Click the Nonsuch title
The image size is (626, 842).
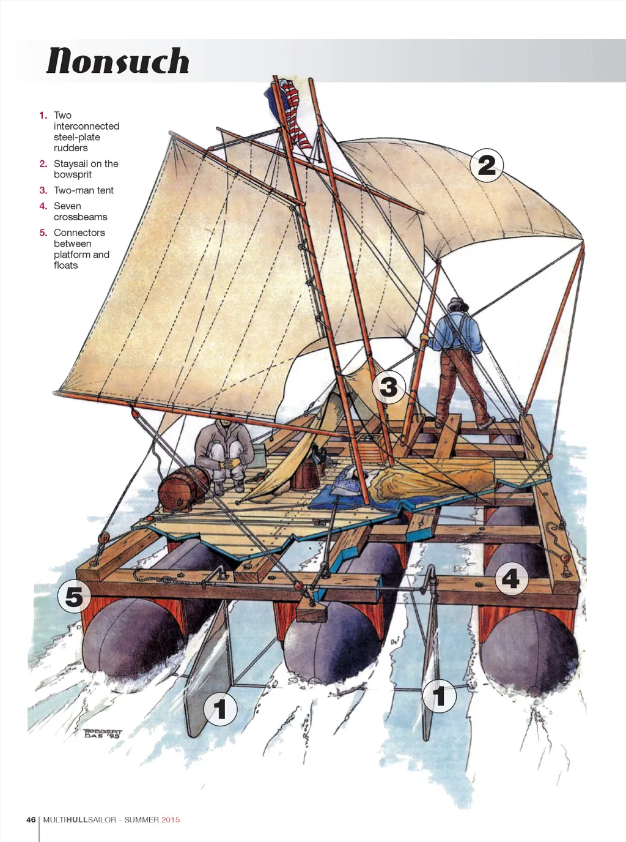[x=118, y=61]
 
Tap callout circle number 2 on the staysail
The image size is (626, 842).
[x=487, y=165]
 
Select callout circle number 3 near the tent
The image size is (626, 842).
[x=389, y=387]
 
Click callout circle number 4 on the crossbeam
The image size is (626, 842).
[x=510, y=578]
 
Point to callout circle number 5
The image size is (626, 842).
[x=74, y=597]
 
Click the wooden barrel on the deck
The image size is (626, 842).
[x=182, y=488]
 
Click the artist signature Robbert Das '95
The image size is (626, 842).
[x=103, y=733]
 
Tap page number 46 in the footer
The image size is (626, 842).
[x=31, y=820]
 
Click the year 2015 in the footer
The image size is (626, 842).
[x=171, y=820]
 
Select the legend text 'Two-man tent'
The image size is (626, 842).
[x=84, y=190]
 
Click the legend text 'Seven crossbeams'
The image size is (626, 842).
[x=80, y=212]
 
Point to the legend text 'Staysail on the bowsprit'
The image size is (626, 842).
[x=86, y=169]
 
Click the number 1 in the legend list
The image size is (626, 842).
[x=42, y=115]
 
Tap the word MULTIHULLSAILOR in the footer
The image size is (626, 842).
[x=79, y=820]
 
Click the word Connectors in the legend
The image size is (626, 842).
[x=79, y=233]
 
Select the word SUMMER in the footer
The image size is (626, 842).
[x=142, y=820]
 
